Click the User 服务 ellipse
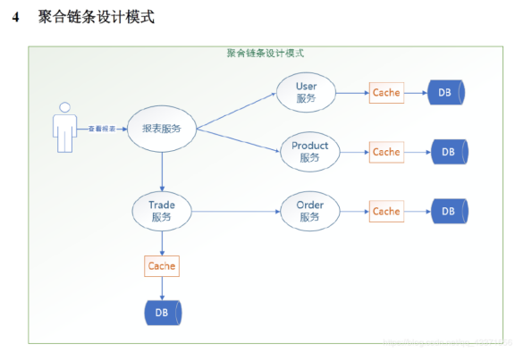point(306,92)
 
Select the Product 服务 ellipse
point(309,152)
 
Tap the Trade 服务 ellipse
point(161,211)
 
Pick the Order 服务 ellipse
point(309,211)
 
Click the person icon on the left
point(63,129)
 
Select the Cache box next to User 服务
point(386,92)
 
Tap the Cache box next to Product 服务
point(386,152)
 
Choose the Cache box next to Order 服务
point(386,212)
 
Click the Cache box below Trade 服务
point(161,265)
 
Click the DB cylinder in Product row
point(449,152)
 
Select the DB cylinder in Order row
point(449,212)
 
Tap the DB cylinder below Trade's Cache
point(162,312)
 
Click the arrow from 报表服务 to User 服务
point(237,110)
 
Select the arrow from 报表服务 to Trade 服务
point(161,170)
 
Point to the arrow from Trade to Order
point(237,212)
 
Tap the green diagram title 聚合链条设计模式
point(266,53)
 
